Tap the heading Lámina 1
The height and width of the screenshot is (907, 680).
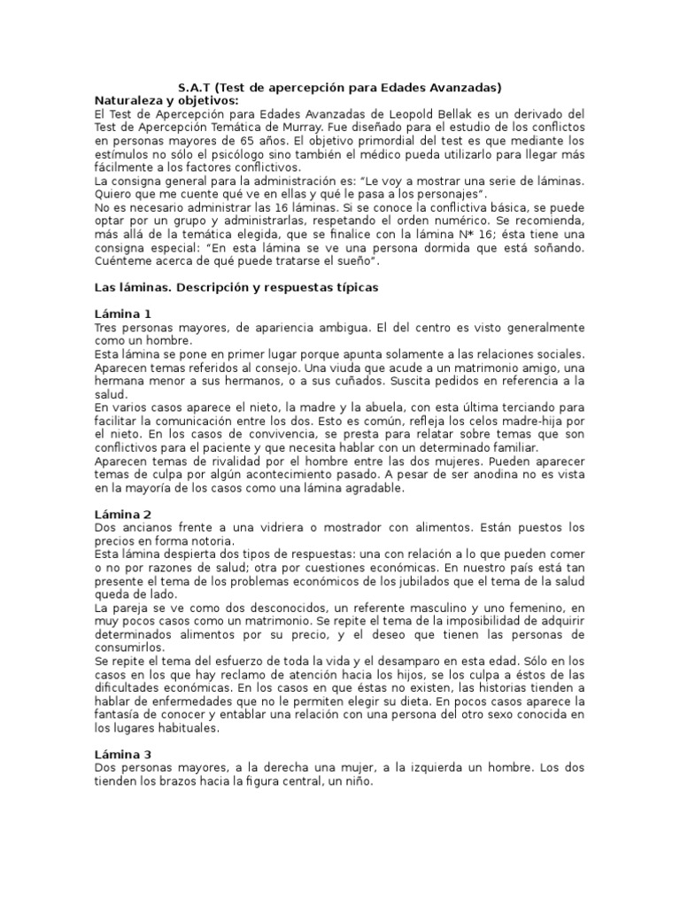123,314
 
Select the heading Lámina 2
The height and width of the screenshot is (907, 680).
123,514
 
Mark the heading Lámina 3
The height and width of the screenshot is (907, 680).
123,754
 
